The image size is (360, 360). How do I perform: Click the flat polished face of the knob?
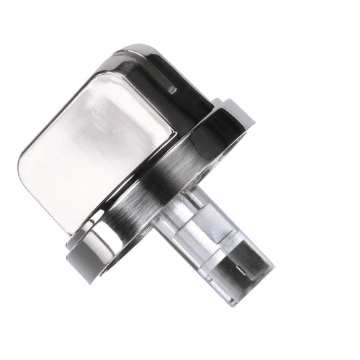pos(101,151)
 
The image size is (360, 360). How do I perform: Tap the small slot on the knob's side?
pos(171,90)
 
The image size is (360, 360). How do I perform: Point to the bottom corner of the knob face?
pos(76,230)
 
